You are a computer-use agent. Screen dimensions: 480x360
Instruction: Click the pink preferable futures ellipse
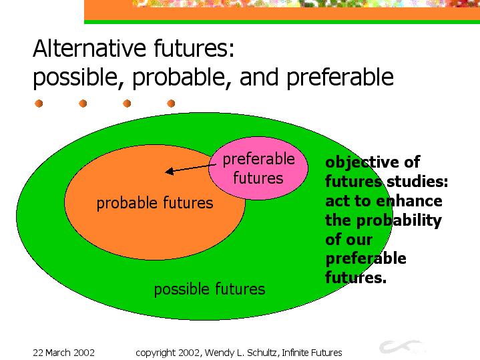tap(258, 168)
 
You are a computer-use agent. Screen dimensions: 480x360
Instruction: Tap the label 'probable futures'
tap(155, 203)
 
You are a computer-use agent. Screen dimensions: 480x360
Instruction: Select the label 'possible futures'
tap(210, 289)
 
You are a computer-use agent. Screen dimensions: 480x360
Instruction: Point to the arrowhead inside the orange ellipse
tap(170, 171)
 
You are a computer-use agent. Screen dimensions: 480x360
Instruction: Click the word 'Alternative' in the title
tap(89, 48)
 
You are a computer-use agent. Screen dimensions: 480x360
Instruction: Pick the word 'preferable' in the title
tap(340, 77)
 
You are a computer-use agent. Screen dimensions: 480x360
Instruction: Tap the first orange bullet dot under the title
tap(39, 104)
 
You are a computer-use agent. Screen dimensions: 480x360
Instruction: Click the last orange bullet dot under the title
tap(171, 104)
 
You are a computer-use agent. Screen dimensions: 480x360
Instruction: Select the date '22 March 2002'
tap(63, 353)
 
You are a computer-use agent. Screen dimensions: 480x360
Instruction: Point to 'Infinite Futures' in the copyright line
tap(312, 353)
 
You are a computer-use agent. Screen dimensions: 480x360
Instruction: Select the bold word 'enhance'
tap(409, 201)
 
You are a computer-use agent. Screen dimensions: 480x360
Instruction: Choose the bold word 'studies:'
tap(417, 182)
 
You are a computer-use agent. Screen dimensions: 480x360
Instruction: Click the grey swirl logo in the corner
tap(402, 347)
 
